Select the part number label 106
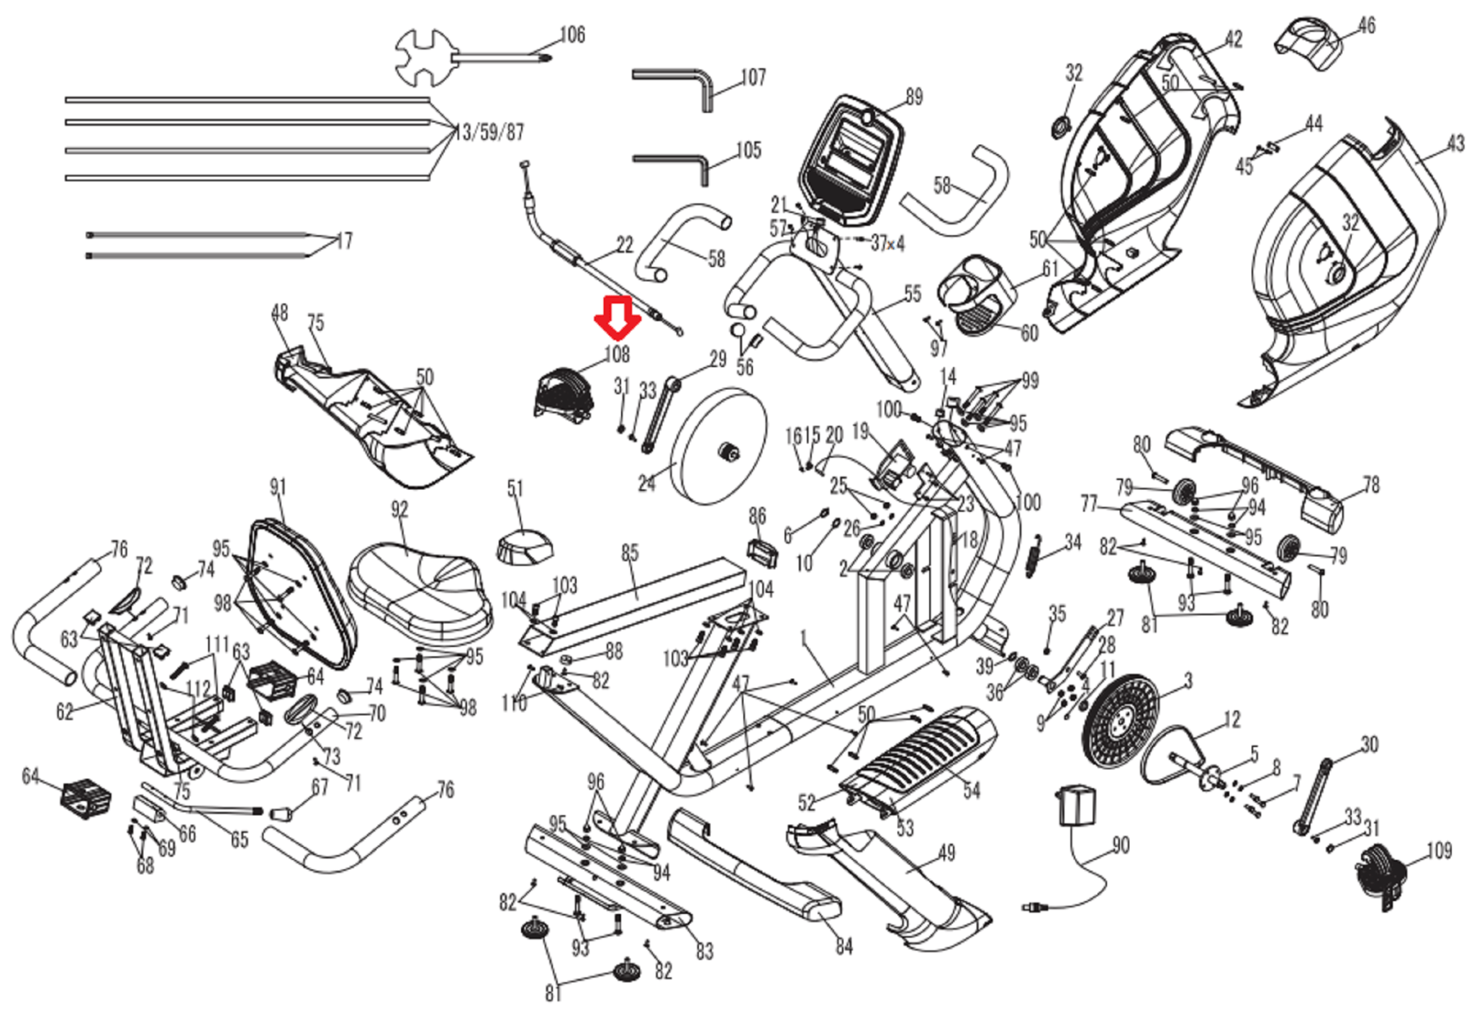[572, 35]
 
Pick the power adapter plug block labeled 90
[1076, 806]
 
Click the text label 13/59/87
[489, 132]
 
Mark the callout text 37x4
[887, 243]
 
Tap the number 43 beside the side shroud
[1455, 143]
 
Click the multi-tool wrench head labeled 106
[422, 56]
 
